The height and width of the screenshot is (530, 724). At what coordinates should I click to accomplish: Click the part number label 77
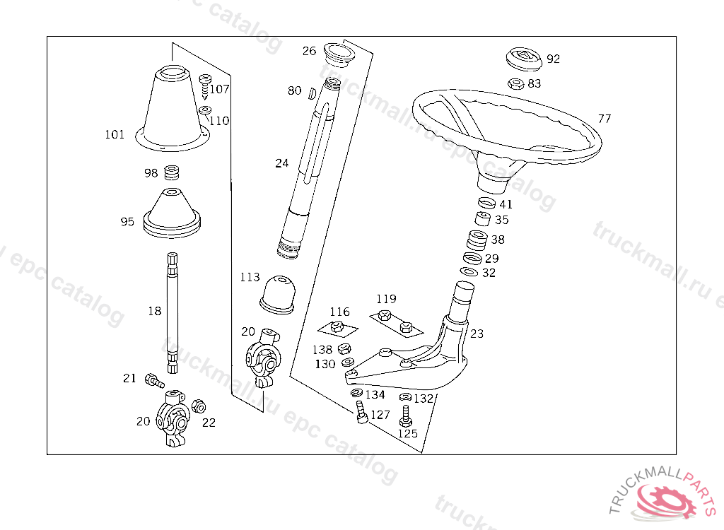pos(604,119)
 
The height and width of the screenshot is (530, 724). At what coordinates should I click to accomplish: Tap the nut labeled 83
pos(516,83)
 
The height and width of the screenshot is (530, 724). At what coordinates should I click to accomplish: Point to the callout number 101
pos(115,134)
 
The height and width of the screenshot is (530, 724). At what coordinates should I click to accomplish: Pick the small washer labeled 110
pos(205,110)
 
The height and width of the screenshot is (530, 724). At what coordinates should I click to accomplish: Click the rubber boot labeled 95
pos(173,212)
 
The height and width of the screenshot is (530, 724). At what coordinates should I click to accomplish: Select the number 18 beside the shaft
pos(155,310)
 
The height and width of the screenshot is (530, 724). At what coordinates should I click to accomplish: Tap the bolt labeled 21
pos(153,381)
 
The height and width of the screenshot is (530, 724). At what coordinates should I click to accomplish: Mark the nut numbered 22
pos(199,406)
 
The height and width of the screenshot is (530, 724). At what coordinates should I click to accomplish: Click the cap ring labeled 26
pos(338,53)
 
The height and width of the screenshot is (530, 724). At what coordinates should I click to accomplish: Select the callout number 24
pos(282,163)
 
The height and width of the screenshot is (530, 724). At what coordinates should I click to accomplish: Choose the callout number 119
pos(386,299)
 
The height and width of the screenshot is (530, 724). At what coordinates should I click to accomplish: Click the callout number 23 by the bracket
pos(477,334)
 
